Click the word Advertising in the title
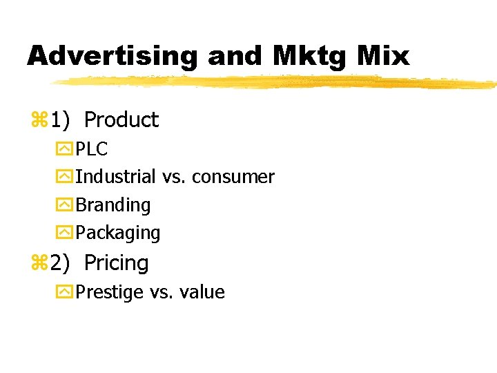[111, 56]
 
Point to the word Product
[121, 120]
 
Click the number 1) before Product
[59, 120]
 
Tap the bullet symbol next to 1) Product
[38, 121]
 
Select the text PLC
[91, 149]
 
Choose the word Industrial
[115, 177]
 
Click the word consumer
[233, 178]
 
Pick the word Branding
[113, 205]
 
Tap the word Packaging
[117, 233]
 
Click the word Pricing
[116, 263]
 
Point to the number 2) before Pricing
[59, 263]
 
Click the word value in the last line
[202, 292]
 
